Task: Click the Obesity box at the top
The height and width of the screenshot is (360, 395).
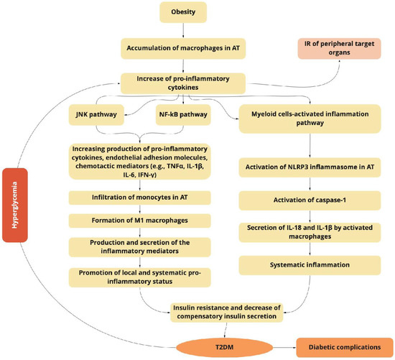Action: point(185,12)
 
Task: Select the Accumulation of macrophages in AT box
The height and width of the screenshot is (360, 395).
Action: point(185,50)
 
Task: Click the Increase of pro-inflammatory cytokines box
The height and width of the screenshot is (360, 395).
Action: point(185,82)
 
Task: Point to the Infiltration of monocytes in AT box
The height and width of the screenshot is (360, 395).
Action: point(126,196)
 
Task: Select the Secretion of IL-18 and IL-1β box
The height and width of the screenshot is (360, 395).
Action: point(309,234)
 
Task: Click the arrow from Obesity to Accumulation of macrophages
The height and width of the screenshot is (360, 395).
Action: point(185,30)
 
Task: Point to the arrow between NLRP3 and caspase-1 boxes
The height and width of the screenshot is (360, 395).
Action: point(309,186)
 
